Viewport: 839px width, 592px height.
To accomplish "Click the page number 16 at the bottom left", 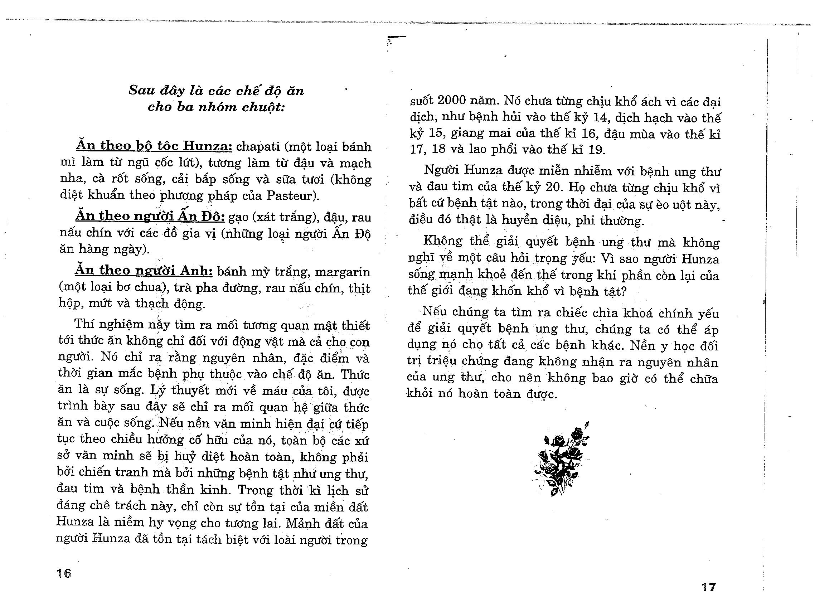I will pos(64,573).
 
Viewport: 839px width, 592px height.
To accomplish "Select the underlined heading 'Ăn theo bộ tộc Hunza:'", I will pos(154,146).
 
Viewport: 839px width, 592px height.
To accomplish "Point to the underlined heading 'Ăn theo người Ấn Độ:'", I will pos(150,216).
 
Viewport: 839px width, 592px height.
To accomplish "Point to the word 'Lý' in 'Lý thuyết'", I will pos(158,390).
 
